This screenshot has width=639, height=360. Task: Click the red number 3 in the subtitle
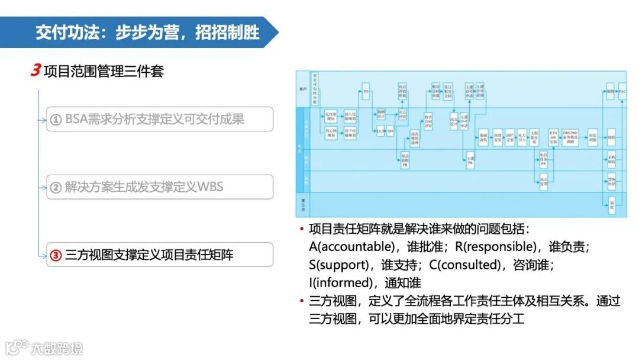click(35, 70)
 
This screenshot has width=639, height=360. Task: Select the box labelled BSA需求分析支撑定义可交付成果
click(160, 119)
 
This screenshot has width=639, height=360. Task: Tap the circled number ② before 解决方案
click(56, 188)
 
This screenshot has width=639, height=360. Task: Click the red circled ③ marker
click(56, 255)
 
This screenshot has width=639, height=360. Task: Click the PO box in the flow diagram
click(366, 92)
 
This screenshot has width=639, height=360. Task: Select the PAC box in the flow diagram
click(622, 92)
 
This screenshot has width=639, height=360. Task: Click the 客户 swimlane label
click(303, 88)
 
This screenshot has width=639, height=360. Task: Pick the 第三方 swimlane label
click(303, 204)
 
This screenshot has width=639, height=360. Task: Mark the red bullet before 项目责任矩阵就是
click(302, 229)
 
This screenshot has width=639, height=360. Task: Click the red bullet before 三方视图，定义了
click(302, 301)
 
